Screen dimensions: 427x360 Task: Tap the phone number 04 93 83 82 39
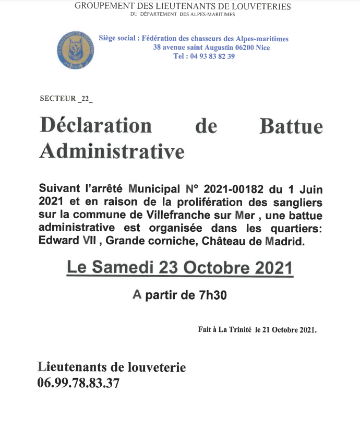coord(204,56)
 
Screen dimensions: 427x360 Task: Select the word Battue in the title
coord(291,126)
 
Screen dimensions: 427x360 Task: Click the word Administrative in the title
coord(112,151)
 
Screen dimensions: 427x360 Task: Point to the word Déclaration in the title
coord(95,126)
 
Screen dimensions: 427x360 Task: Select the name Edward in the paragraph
coord(57,241)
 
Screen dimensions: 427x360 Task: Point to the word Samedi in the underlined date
coord(123,268)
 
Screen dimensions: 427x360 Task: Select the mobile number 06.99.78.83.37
coord(78,383)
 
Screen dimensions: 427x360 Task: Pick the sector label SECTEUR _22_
coord(66,99)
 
